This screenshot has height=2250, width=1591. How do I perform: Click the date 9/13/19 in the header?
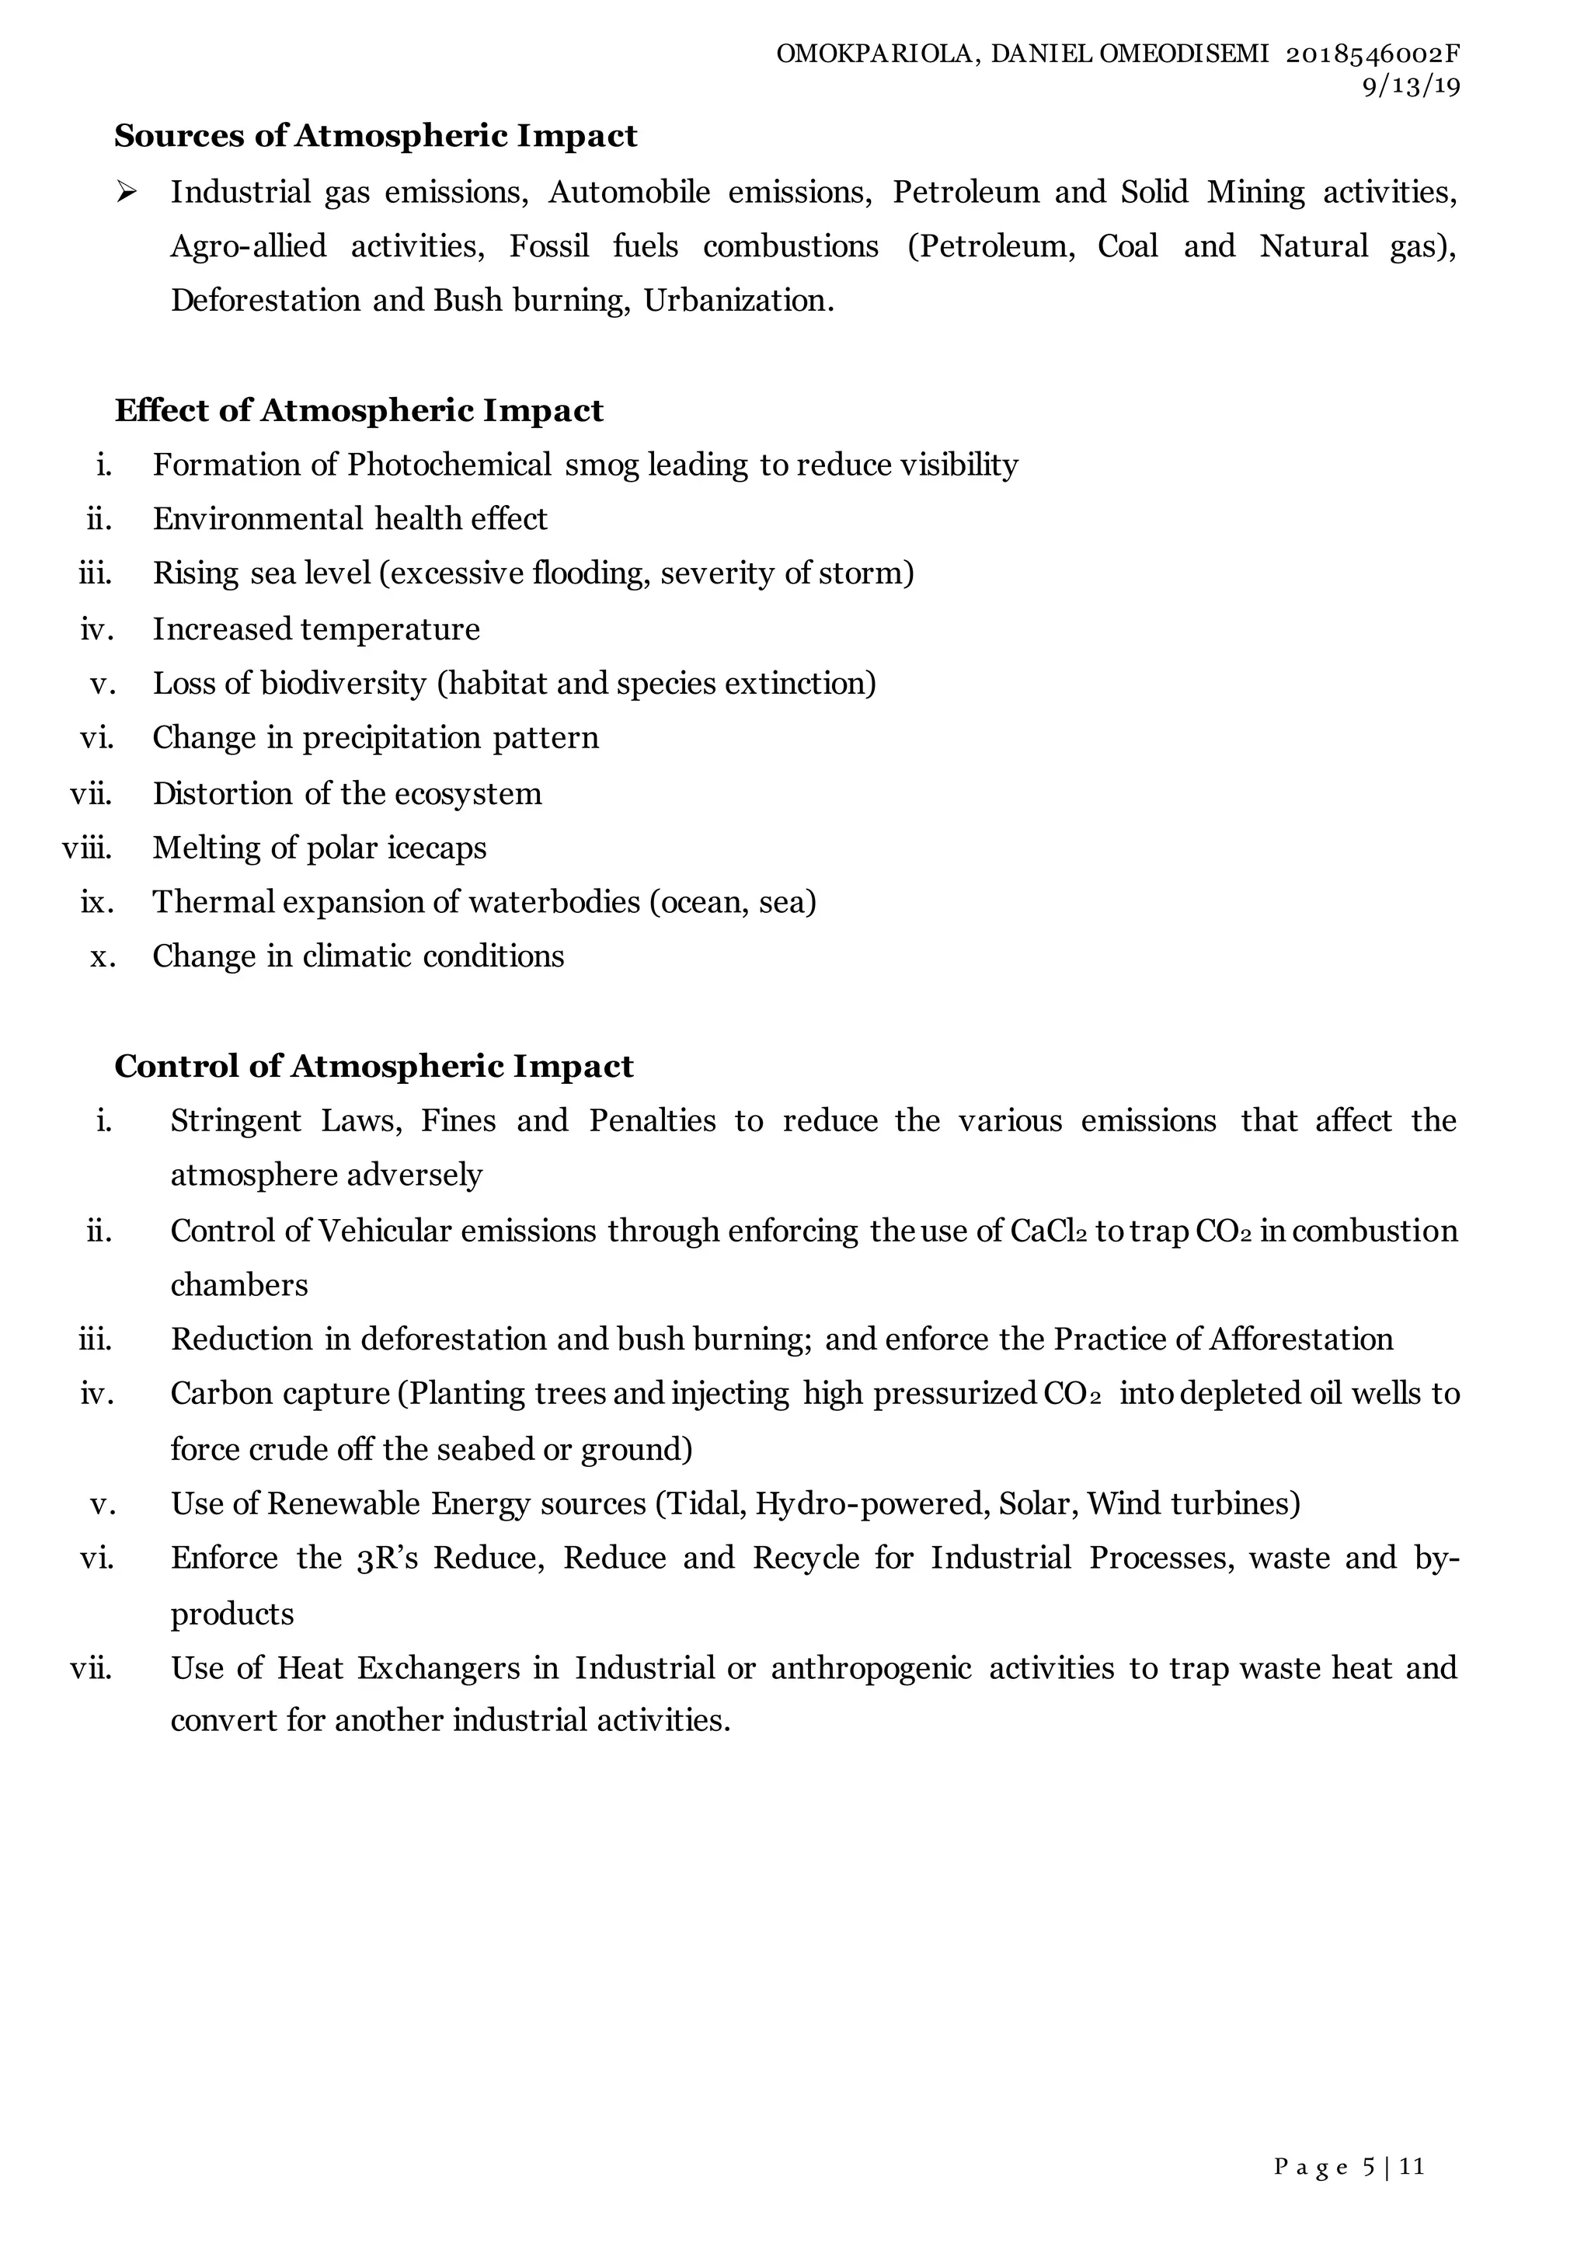point(1411,87)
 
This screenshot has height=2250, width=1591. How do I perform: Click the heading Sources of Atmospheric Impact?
point(375,135)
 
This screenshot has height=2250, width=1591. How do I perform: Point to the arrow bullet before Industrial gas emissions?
point(125,192)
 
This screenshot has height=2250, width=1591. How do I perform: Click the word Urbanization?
point(738,300)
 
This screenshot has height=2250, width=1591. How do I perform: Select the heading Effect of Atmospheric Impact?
point(359,409)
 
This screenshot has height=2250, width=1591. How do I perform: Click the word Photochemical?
point(449,465)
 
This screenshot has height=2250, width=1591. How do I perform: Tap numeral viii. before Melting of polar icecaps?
point(87,848)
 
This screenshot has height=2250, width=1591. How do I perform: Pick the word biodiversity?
point(343,683)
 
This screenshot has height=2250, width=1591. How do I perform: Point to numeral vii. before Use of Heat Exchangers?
point(91,1668)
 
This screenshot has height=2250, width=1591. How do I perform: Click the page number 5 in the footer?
point(1369,2167)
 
